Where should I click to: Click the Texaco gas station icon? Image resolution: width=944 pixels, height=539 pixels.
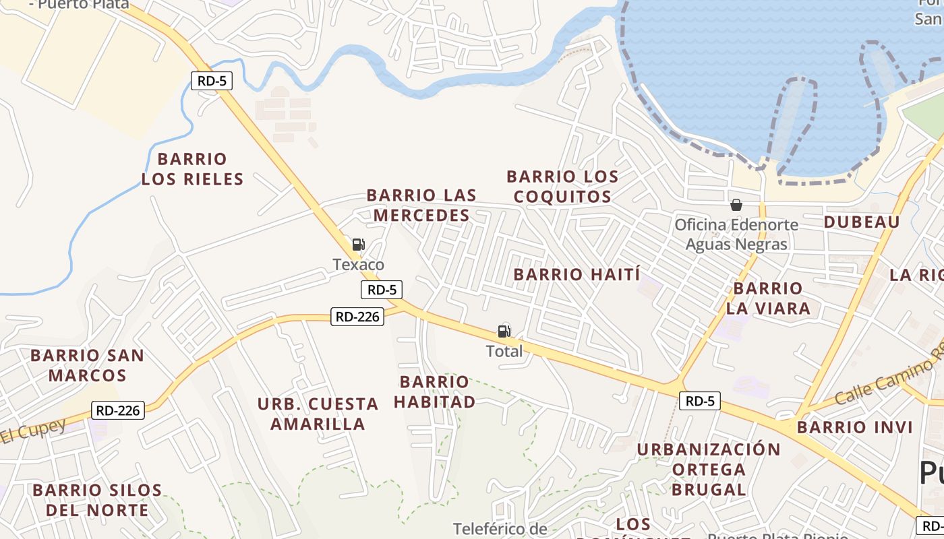(x=358, y=245)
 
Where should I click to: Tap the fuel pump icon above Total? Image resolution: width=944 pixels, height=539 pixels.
(x=504, y=331)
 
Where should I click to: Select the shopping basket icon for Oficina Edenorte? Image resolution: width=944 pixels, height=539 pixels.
(x=736, y=205)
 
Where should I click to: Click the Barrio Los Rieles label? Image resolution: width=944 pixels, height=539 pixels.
(x=192, y=169)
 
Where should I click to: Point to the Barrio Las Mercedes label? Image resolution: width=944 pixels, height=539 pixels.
(x=421, y=205)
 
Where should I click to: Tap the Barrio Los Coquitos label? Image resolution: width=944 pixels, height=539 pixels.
(x=562, y=187)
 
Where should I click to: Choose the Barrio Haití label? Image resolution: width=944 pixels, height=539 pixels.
(x=577, y=274)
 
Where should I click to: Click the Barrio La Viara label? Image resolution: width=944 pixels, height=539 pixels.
(x=768, y=298)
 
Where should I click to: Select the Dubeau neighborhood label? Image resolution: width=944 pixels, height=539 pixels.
(x=862, y=222)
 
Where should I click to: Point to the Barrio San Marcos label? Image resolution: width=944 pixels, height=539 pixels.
(x=87, y=365)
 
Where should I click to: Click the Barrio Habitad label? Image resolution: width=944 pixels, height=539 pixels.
(x=434, y=392)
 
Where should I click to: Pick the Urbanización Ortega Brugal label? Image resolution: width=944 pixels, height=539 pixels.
(x=709, y=469)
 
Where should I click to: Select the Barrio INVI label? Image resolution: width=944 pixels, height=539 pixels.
(x=855, y=427)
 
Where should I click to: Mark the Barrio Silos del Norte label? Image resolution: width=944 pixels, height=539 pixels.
(x=97, y=500)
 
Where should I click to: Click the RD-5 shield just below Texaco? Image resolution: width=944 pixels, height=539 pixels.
(x=382, y=290)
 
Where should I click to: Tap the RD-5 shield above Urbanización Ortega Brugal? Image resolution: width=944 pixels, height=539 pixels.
(x=699, y=401)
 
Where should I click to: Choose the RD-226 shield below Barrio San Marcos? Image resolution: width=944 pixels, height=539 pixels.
(x=119, y=410)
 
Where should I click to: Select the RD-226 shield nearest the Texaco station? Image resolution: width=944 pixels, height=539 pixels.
(x=357, y=316)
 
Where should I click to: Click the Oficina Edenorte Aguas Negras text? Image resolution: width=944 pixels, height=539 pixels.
(x=736, y=234)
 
